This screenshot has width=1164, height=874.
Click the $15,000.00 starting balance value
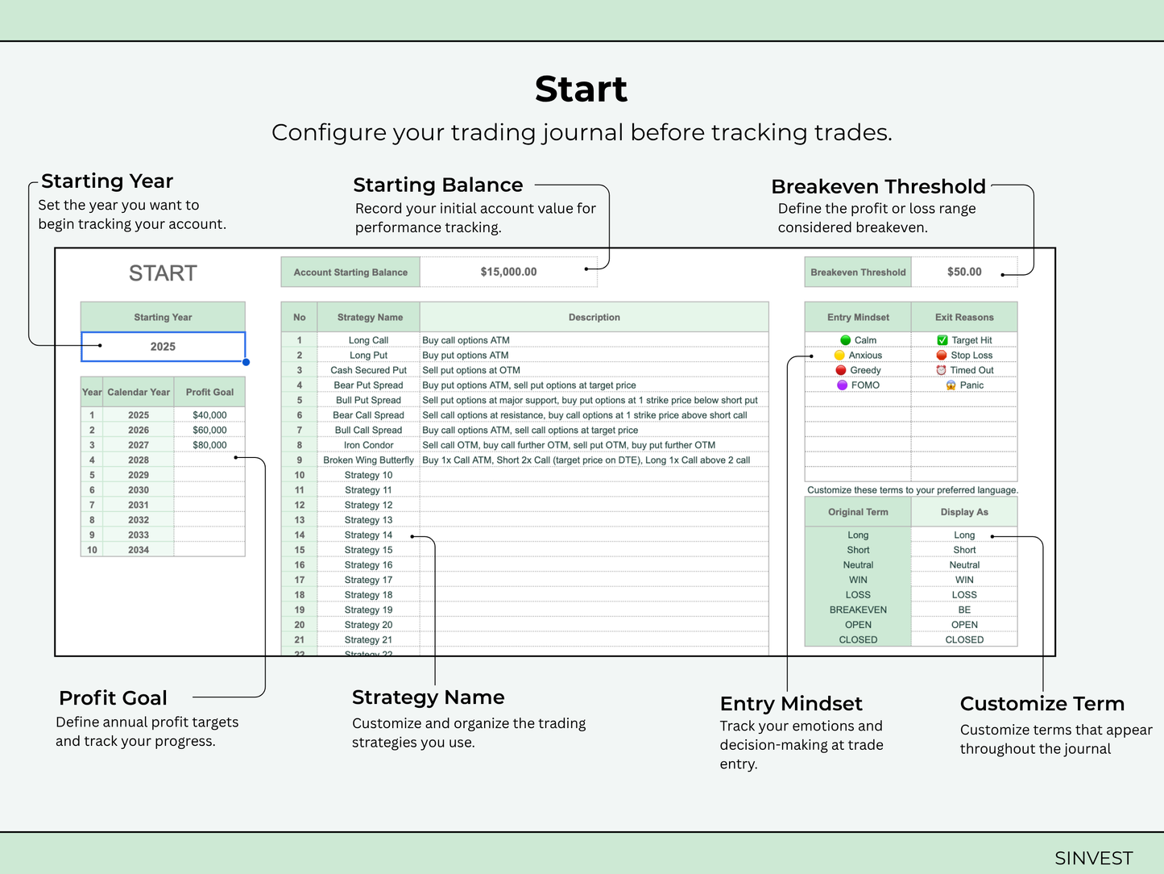(x=508, y=272)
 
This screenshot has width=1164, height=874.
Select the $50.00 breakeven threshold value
(x=964, y=272)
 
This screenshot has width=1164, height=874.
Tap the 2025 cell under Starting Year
(x=163, y=347)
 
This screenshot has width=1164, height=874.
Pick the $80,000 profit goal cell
(x=209, y=445)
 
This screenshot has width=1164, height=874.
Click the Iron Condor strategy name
(x=369, y=445)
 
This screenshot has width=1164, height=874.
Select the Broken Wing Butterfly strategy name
(x=369, y=460)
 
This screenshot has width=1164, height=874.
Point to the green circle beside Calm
(x=845, y=340)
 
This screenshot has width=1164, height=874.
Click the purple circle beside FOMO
(x=842, y=385)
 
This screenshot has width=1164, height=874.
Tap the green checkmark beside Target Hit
(x=942, y=340)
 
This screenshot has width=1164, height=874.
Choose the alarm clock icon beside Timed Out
(x=941, y=370)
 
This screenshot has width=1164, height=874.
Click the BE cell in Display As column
(x=964, y=610)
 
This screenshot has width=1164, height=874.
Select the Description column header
(x=594, y=318)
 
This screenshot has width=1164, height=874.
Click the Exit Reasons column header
(x=964, y=318)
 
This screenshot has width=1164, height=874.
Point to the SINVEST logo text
(x=1093, y=858)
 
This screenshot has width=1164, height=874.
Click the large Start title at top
(x=582, y=89)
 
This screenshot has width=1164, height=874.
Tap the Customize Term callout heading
(x=1042, y=704)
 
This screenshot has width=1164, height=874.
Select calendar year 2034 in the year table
(x=139, y=550)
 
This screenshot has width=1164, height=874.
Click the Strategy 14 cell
(x=369, y=535)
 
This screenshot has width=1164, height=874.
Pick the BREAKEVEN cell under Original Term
(x=858, y=610)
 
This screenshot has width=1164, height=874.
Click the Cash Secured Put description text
(x=471, y=370)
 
